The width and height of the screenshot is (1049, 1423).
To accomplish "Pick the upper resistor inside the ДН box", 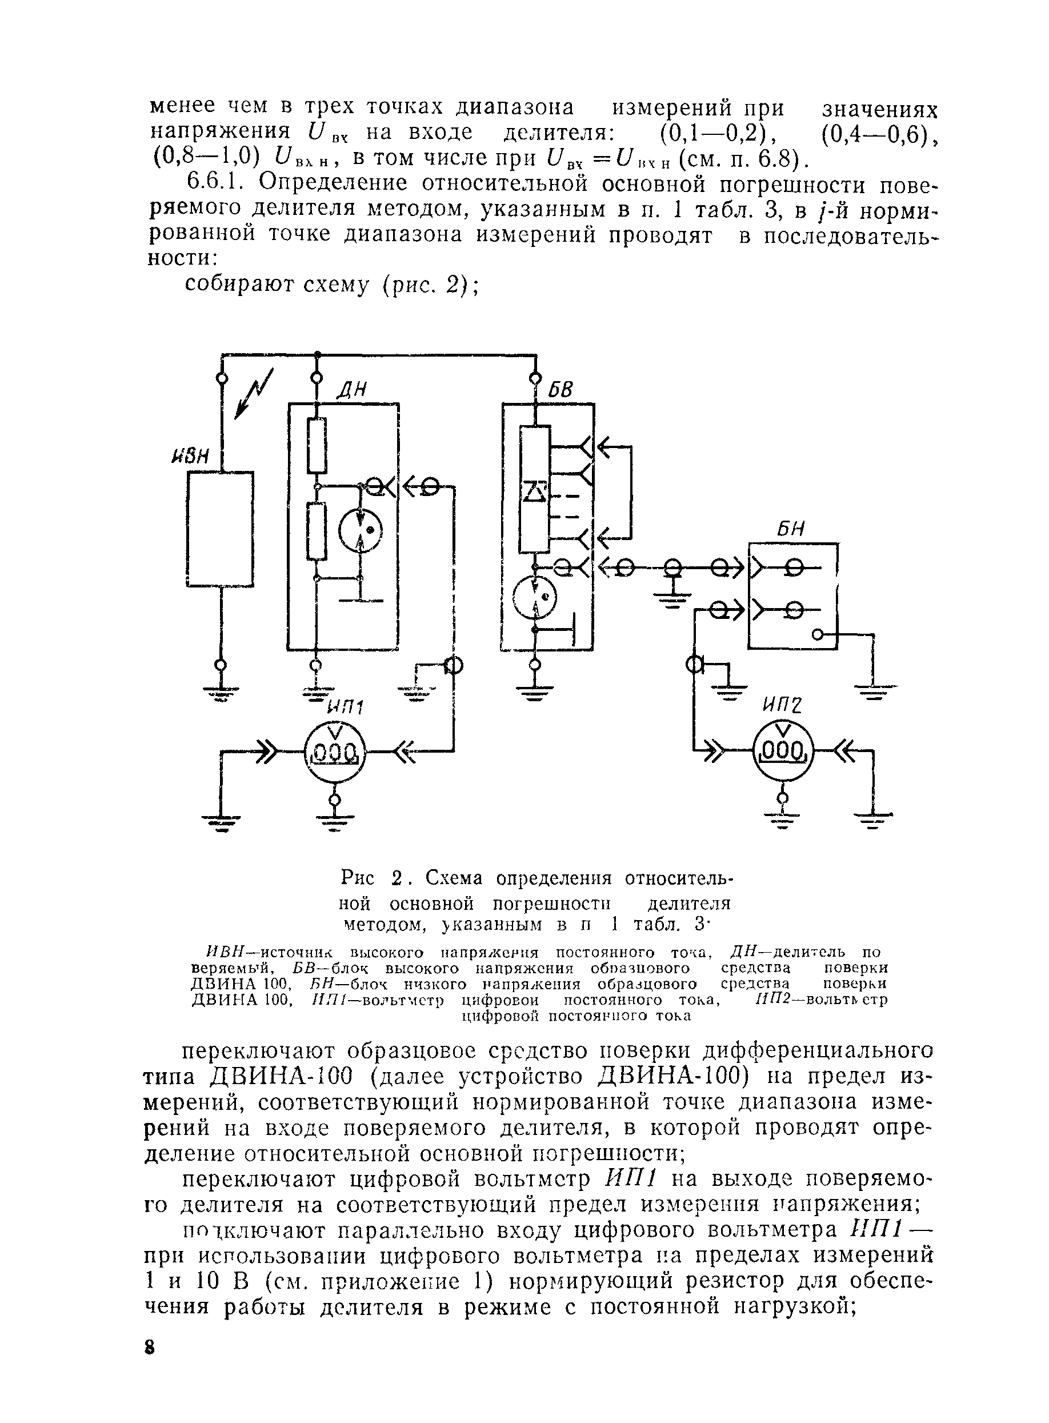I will (x=316, y=446).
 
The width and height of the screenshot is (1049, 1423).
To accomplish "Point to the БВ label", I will (x=560, y=389).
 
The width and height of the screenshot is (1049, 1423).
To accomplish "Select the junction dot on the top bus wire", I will (x=317, y=354).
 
